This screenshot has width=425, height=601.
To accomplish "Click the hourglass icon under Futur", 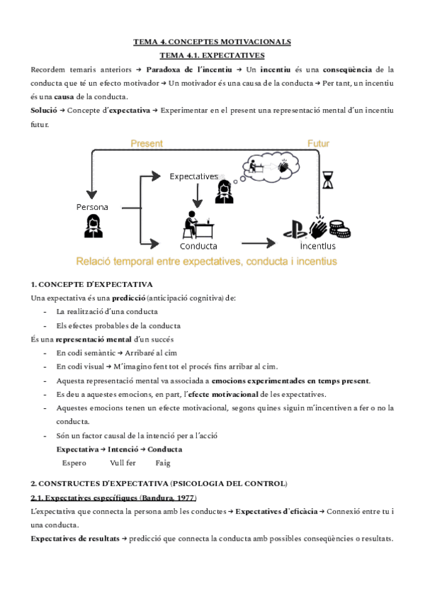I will pyautogui.click(x=327, y=180).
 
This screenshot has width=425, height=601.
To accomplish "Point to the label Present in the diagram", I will pyautogui.click(x=147, y=143).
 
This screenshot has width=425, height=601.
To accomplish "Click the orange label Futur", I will pyautogui.click(x=318, y=143).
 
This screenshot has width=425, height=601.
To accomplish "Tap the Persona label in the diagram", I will pyautogui.click(x=93, y=206).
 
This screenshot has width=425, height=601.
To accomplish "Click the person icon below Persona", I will pyautogui.click(x=92, y=226).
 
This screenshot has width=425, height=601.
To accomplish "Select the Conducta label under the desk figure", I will pyautogui.click(x=198, y=247).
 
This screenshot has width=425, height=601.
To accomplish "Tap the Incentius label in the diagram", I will pyautogui.click(x=318, y=247).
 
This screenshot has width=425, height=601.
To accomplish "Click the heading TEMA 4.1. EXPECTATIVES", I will pyautogui.click(x=212, y=54).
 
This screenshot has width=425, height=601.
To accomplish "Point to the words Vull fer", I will pyautogui.click(x=123, y=463).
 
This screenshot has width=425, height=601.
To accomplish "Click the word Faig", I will pyautogui.click(x=163, y=463).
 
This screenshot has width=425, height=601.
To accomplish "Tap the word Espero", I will pyautogui.click(x=74, y=463).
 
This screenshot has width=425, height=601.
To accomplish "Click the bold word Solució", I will pyautogui.click(x=43, y=110).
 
